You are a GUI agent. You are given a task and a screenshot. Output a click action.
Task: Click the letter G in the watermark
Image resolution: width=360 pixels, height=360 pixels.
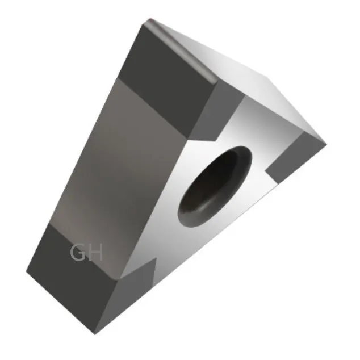pyautogui.click(x=78, y=253)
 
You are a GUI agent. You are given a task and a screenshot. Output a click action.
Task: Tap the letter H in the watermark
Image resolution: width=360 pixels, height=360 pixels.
pyautogui.click(x=95, y=253)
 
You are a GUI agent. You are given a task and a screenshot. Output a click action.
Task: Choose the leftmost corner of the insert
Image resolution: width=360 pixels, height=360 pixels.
pyautogui.click(x=27, y=271)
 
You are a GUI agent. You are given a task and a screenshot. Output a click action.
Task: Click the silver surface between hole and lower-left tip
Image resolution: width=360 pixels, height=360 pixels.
pyautogui.click(x=165, y=238)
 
